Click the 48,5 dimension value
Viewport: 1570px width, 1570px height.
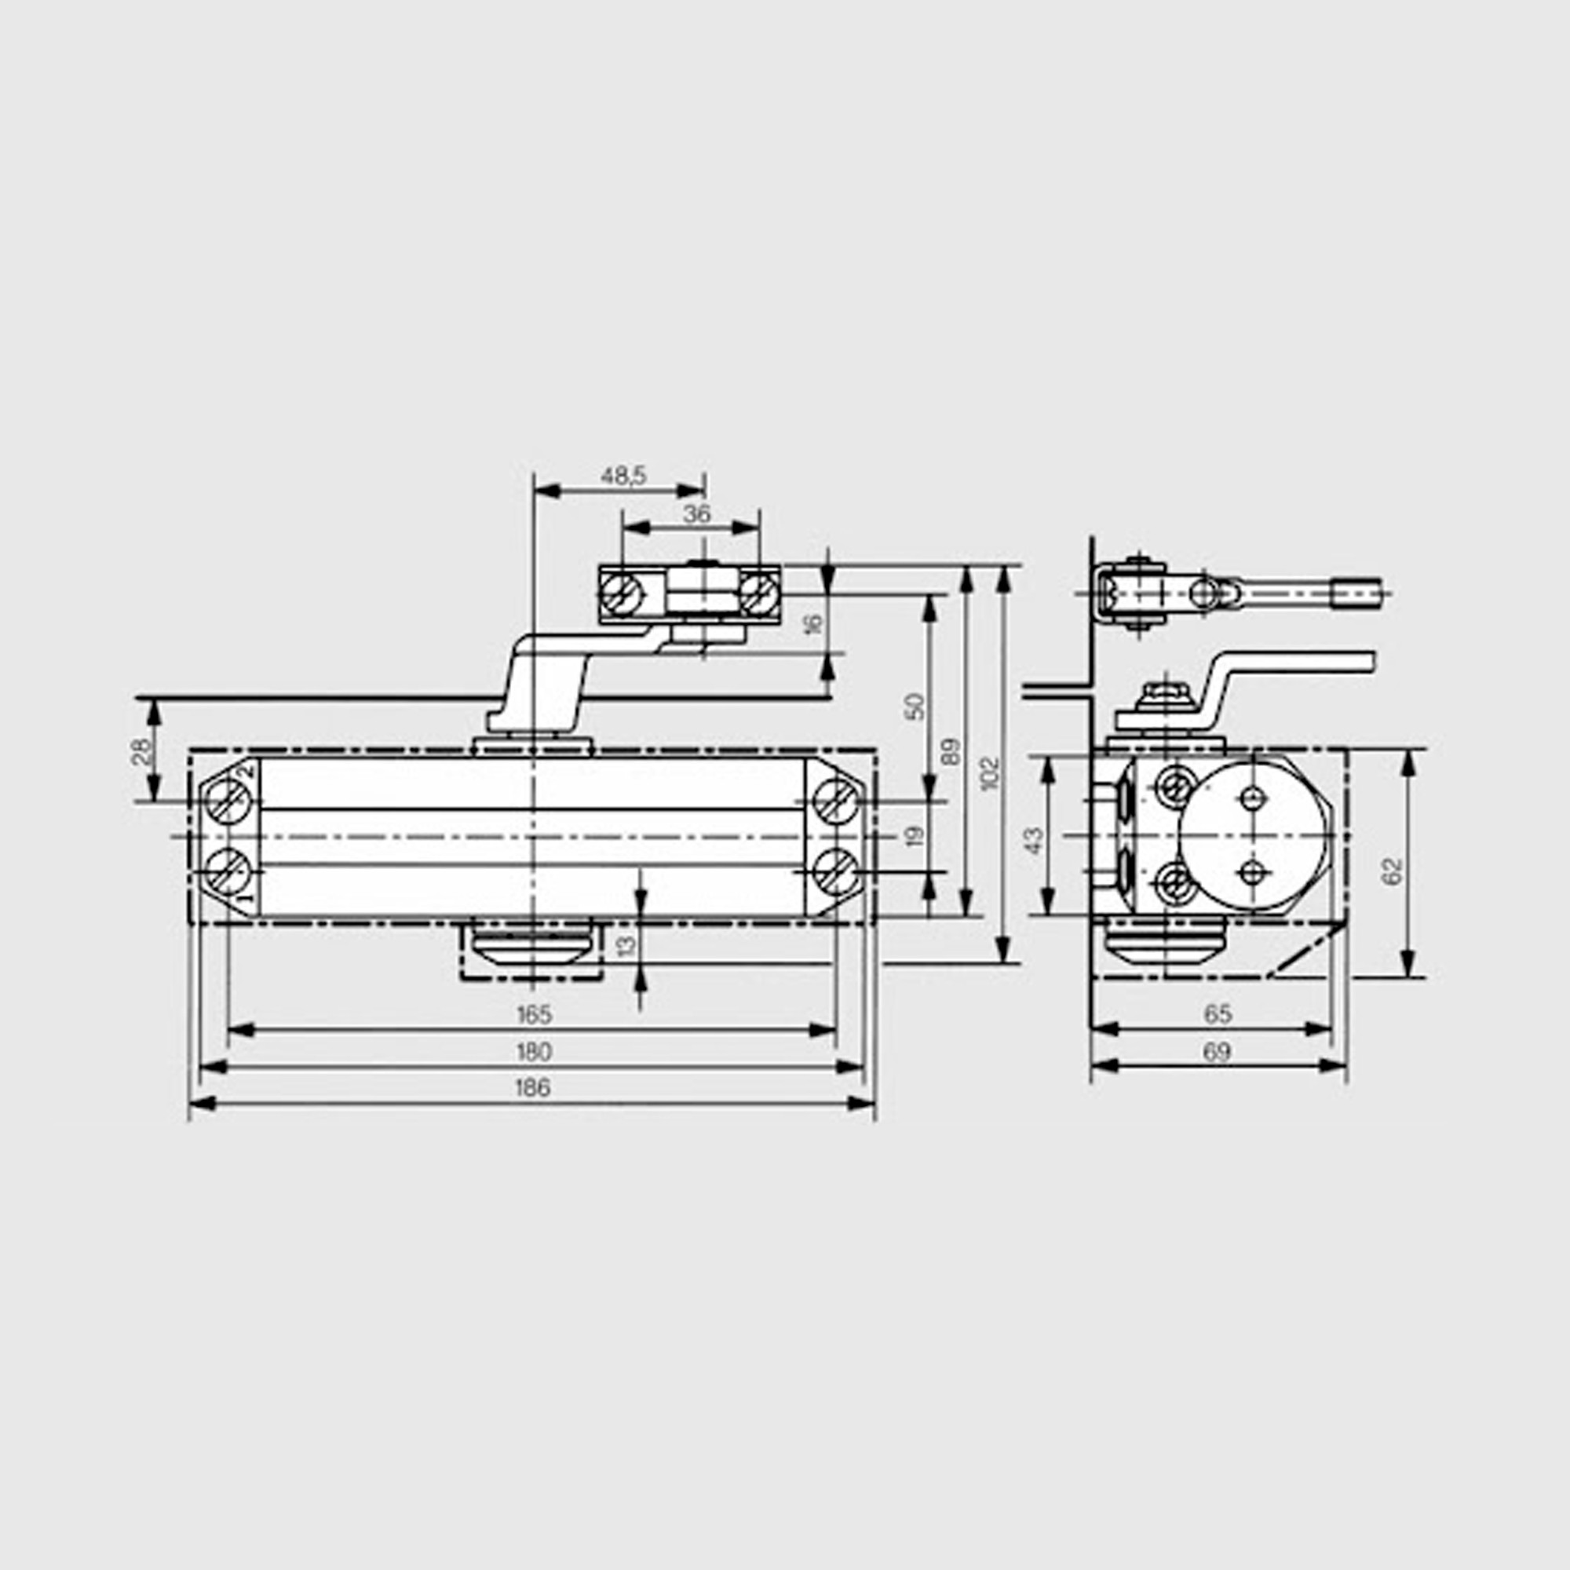(623, 476)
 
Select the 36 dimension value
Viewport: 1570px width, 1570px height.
(696, 513)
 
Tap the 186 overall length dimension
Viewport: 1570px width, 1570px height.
(533, 1087)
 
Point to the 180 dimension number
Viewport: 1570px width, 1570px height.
(534, 1052)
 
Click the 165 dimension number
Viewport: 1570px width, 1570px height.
(534, 1014)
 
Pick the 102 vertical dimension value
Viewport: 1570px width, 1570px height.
(989, 774)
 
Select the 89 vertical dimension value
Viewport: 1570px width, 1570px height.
(950, 752)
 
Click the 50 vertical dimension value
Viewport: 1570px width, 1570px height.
(915, 706)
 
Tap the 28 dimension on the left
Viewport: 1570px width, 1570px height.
(141, 752)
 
